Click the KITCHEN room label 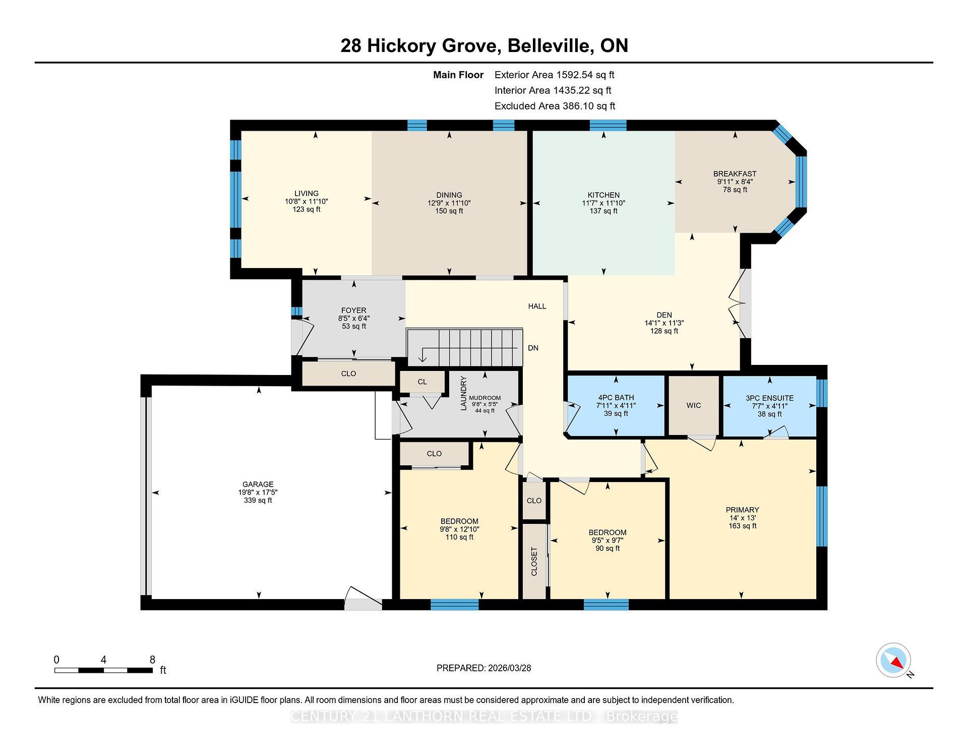tap(603, 195)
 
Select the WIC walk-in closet tap(694, 406)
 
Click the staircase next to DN tap(464, 347)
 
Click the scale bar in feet tap(103, 670)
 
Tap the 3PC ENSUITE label tap(769, 398)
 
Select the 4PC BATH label tap(616, 398)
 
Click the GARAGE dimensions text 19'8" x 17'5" tap(258, 493)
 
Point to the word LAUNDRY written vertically tap(464, 393)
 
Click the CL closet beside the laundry tap(422, 382)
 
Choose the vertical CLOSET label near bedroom tap(534, 561)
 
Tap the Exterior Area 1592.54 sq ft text tap(554, 75)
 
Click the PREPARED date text tap(483, 668)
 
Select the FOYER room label tap(353, 311)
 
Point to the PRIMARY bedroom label tap(742, 510)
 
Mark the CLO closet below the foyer tap(348, 374)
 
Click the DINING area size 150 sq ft tap(449, 211)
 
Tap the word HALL tap(537, 306)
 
